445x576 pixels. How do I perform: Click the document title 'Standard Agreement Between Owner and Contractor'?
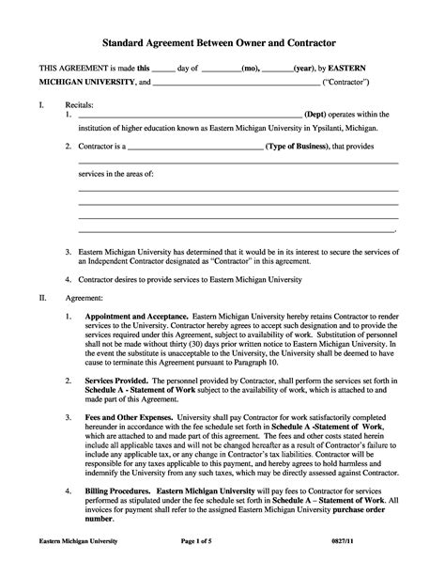222,43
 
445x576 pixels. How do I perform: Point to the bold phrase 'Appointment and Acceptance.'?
138,317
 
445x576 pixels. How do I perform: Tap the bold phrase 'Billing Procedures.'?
122,491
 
